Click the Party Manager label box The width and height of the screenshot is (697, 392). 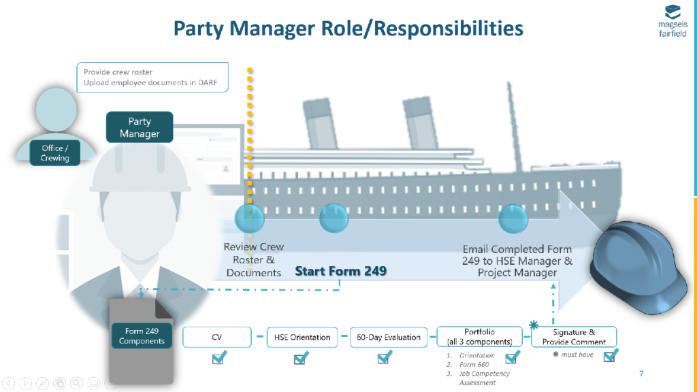(x=140, y=127)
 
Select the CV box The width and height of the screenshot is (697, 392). (x=218, y=337)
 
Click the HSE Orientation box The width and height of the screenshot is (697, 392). (x=302, y=337)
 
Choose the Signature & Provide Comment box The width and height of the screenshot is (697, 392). (x=574, y=337)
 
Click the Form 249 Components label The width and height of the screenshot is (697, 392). (x=142, y=336)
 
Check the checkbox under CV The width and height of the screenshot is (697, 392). (x=218, y=358)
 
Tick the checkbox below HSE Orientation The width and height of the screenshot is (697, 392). (x=301, y=358)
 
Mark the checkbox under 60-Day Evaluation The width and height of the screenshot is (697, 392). (x=385, y=358)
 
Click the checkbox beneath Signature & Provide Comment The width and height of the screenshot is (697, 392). (x=611, y=355)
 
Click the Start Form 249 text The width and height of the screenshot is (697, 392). (x=340, y=271)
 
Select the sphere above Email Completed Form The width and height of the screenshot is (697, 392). (x=513, y=218)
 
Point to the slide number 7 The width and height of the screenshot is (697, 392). (x=641, y=374)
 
